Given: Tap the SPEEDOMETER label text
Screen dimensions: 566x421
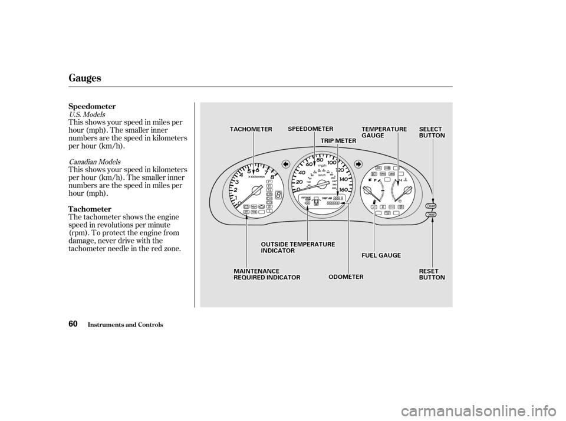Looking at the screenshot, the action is [x=311, y=129].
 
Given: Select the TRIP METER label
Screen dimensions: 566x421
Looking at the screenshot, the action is [x=338, y=140].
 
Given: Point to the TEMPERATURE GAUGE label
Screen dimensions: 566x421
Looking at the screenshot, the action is [x=384, y=132].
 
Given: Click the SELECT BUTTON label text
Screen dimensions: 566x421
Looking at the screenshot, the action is [x=432, y=132].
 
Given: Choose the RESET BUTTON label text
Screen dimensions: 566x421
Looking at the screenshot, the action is [x=432, y=274].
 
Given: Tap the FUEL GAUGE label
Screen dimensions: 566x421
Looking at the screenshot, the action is [x=381, y=255].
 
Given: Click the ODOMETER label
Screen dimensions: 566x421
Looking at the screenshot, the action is [x=346, y=277].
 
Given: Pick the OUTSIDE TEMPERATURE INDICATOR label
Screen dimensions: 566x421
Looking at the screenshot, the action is [x=297, y=247].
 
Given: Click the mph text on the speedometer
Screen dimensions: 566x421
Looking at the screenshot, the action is [x=321, y=167].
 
